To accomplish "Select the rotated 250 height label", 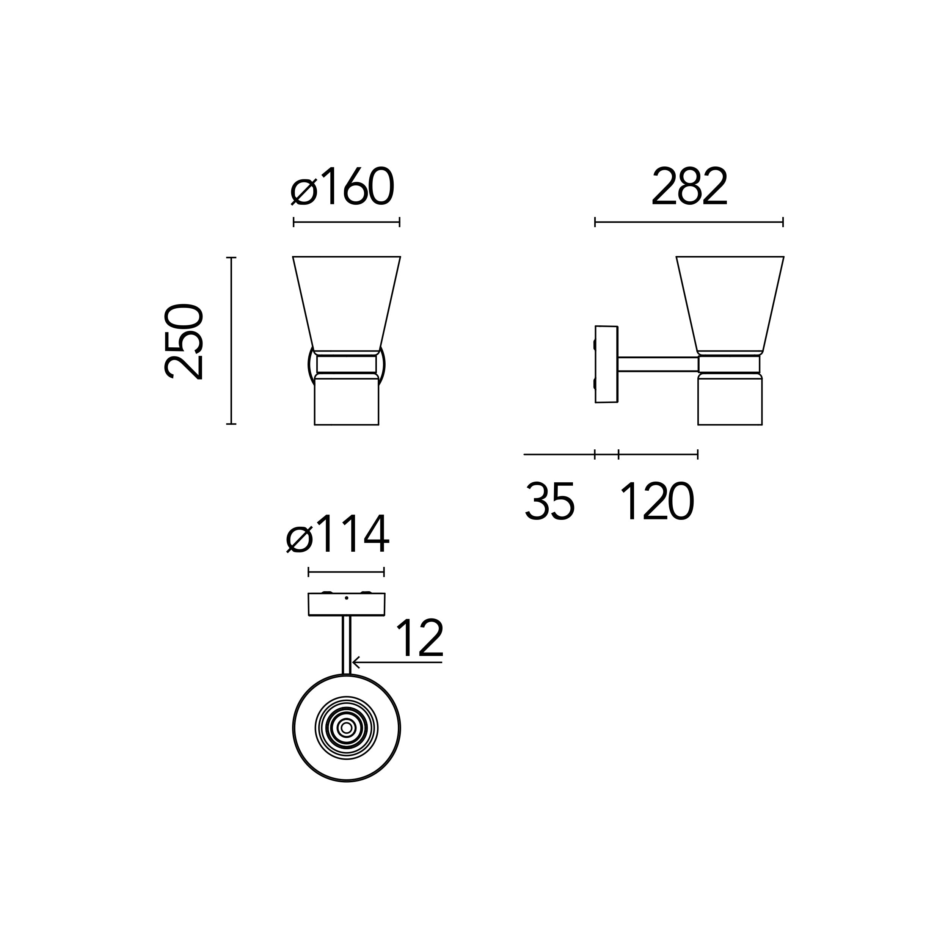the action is [184, 342].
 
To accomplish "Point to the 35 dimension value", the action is [549, 501].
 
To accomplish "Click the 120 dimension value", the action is [657, 501].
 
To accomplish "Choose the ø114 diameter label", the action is [337, 534].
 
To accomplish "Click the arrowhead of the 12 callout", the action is [355, 662].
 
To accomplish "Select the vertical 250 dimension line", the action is [231, 341].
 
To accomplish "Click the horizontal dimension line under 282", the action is [689, 222].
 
